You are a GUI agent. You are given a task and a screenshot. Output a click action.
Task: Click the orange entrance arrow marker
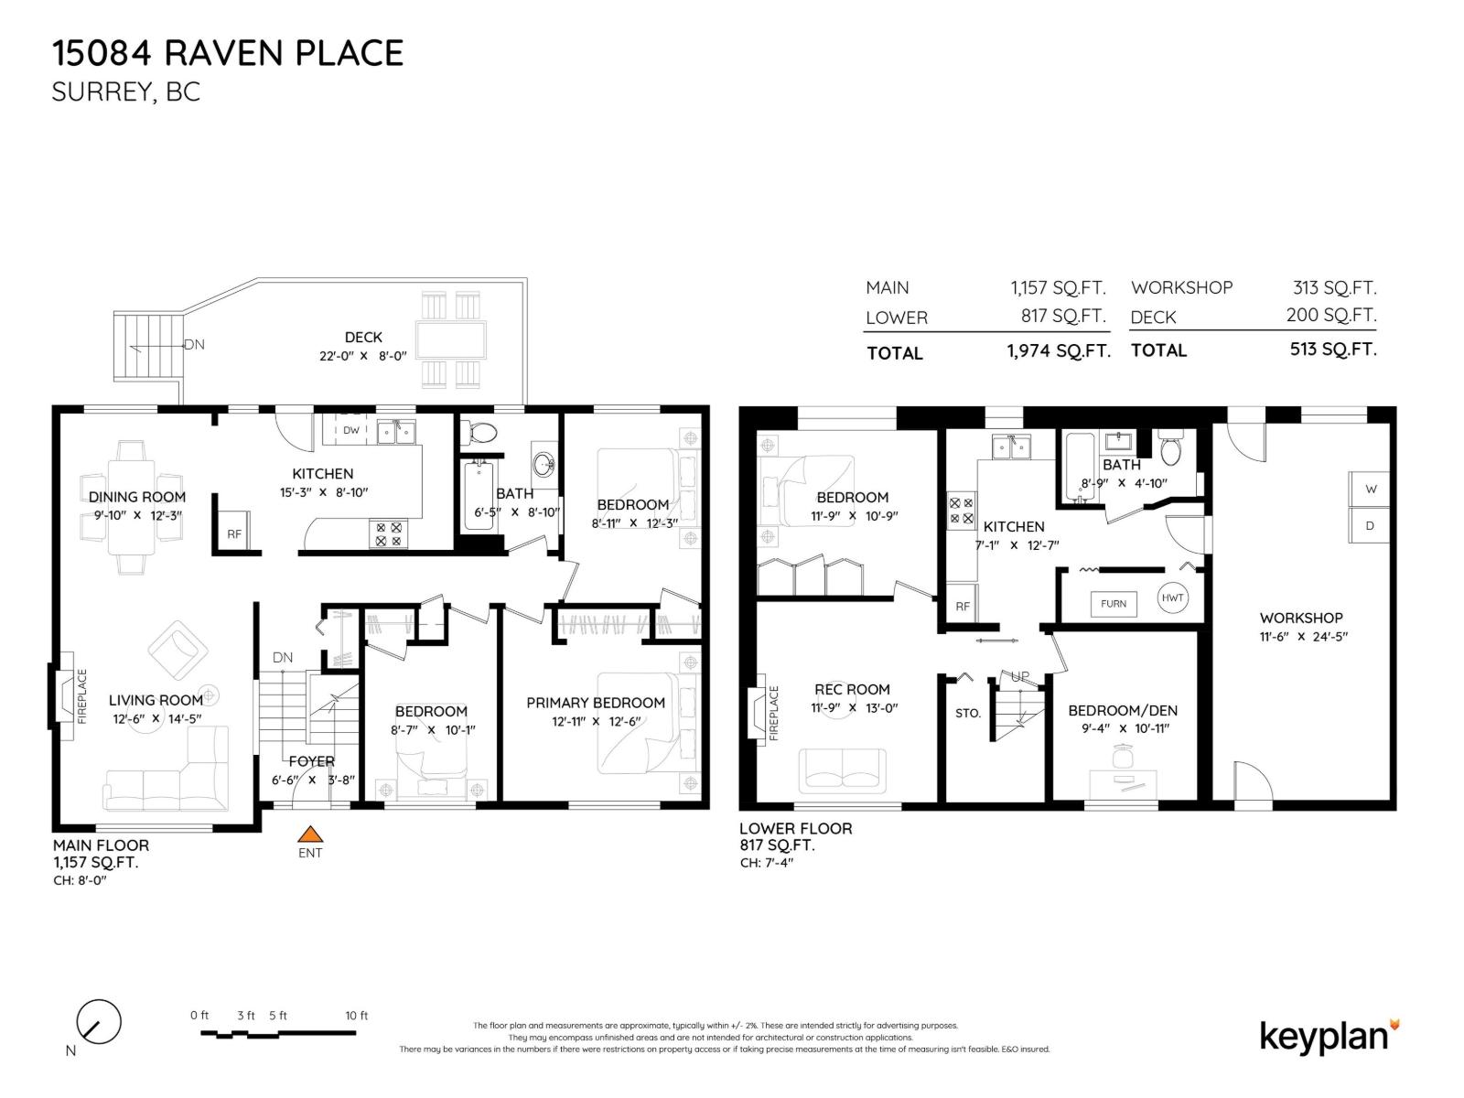tap(311, 834)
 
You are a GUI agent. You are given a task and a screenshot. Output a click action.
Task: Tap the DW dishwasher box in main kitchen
tap(351, 430)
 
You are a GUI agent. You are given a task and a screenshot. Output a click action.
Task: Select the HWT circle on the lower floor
tap(1172, 597)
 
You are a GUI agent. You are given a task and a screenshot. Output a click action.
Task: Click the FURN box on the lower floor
tap(1114, 604)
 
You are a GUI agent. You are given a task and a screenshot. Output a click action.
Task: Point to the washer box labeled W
tap(1371, 489)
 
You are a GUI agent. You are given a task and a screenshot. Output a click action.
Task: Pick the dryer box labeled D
tap(1371, 525)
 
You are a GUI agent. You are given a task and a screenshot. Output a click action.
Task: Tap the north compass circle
tap(98, 1022)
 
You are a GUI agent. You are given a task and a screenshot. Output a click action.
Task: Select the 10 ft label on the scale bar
tap(356, 1016)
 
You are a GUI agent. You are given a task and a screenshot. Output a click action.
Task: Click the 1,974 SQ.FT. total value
tap(1059, 351)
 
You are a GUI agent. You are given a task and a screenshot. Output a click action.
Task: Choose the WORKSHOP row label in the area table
tap(1181, 287)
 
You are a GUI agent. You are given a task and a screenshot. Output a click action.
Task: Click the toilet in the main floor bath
tap(480, 432)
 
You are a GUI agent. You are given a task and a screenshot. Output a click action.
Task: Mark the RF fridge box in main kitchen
tap(234, 533)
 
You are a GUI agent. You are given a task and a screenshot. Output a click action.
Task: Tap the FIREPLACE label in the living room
tap(81, 696)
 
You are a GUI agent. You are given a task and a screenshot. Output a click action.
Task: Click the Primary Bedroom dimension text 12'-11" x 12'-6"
tap(595, 721)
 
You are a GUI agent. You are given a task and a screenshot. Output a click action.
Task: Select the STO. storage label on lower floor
tap(968, 713)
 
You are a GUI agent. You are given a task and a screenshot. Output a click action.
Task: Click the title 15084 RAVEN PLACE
tap(228, 53)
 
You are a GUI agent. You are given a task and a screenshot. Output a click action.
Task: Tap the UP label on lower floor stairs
tap(1019, 676)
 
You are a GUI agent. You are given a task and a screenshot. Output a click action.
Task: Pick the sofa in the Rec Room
tap(842, 770)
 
